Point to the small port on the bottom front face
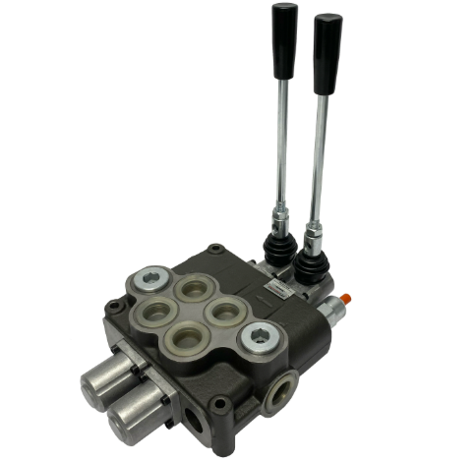click(x=196, y=424)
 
